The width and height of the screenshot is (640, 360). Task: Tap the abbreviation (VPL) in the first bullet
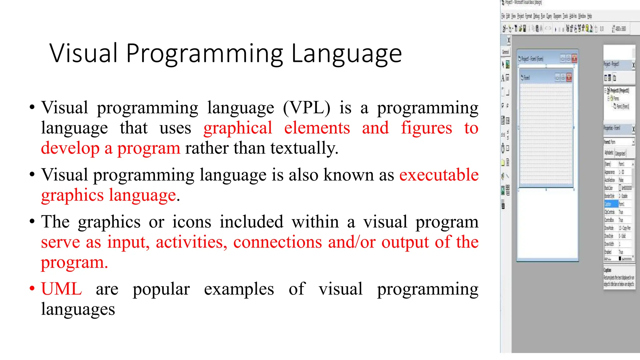pyautogui.click(x=307, y=108)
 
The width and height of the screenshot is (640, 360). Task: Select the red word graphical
pyautogui.click(x=238, y=128)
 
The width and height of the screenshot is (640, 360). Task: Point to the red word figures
pyautogui.click(x=426, y=128)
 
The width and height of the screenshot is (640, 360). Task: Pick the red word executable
pyautogui.click(x=439, y=175)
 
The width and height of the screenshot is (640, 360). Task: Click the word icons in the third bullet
pyautogui.click(x=192, y=222)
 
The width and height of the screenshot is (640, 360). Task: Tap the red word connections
pyautogui.click(x=277, y=242)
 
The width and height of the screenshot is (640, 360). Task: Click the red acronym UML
pyautogui.click(x=62, y=289)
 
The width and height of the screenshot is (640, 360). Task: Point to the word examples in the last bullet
pyautogui.click(x=239, y=289)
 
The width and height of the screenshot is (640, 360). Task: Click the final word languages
pyautogui.click(x=78, y=309)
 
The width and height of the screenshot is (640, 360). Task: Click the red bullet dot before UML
pyautogui.click(x=32, y=288)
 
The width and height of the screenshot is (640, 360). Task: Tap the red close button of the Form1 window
pyautogui.click(x=569, y=77)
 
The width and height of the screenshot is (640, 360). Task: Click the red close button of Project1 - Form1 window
pyautogui.click(x=574, y=58)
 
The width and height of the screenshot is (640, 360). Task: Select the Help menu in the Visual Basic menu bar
pyautogui.click(x=589, y=16)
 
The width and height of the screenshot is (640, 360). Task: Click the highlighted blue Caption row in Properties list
pyautogui.click(x=611, y=204)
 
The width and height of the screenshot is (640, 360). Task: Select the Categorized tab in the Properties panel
pyautogui.click(x=620, y=153)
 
